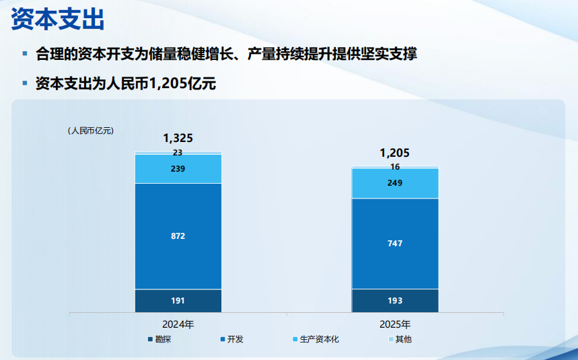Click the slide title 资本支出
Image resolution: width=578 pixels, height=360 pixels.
pyautogui.click(x=58, y=19)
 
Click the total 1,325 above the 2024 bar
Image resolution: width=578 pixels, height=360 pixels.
pyautogui.click(x=178, y=138)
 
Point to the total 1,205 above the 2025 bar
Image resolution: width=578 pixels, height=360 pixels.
pyautogui.click(x=394, y=153)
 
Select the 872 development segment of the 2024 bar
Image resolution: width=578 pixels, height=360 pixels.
pyautogui.click(x=178, y=236)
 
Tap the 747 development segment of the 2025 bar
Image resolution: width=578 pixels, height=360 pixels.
pyautogui.click(x=395, y=244)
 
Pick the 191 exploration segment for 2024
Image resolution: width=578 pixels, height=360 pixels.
pyautogui.click(x=178, y=301)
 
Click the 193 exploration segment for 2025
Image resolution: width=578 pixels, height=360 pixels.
pyautogui.click(x=395, y=301)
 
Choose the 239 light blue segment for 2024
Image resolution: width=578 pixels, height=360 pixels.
pyautogui.click(x=178, y=169)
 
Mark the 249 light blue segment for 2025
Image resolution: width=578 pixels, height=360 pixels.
pyautogui.click(x=395, y=183)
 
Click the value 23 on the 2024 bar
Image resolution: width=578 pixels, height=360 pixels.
pyautogui.click(x=178, y=153)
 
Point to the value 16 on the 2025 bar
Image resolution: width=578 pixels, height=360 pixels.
pyautogui.click(x=395, y=167)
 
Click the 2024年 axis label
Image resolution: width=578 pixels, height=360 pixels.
pyautogui.click(x=178, y=324)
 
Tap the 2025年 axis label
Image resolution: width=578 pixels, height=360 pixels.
pyautogui.click(x=395, y=324)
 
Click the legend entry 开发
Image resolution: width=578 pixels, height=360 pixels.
pyautogui.click(x=235, y=339)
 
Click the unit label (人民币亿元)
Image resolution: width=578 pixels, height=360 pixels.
pyautogui.click(x=90, y=131)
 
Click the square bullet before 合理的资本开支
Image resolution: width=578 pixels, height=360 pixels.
pyautogui.click(x=25, y=53)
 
